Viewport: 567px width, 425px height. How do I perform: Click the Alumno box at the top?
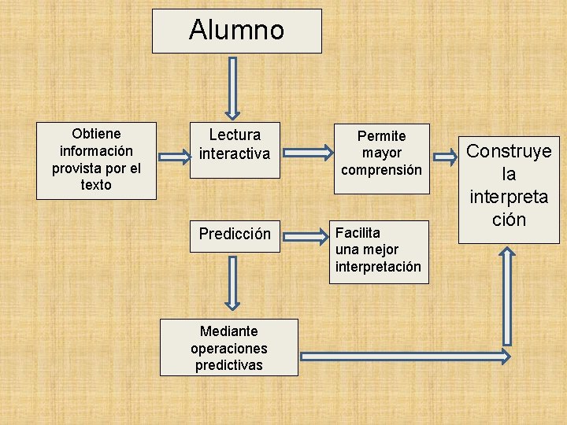click(x=236, y=31)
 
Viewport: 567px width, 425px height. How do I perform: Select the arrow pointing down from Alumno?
click(x=233, y=87)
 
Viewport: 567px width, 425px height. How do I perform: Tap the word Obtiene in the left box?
click(x=96, y=133)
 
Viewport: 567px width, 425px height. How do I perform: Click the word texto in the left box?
click(x=96, y=185)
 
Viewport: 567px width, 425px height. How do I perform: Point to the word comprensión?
click(x=381, y=169)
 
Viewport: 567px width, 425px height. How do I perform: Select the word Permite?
click(x=381, y=135)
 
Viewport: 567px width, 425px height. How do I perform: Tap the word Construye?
click(x=509, y=151)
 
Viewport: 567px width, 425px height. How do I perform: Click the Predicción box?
click(x=234, y=234)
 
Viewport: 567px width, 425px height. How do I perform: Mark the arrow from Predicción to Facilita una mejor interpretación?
click(x=306, y=235)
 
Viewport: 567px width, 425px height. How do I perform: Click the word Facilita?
click(x=358, y=232)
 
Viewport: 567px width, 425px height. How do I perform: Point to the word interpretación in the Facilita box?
click(x=378, y=267)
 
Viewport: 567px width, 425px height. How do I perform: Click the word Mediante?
click(x=228, y=331)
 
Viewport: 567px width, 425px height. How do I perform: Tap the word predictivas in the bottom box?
click(x=228, y=365)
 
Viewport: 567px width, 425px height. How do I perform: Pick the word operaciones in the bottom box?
click(x=228, y=348)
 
